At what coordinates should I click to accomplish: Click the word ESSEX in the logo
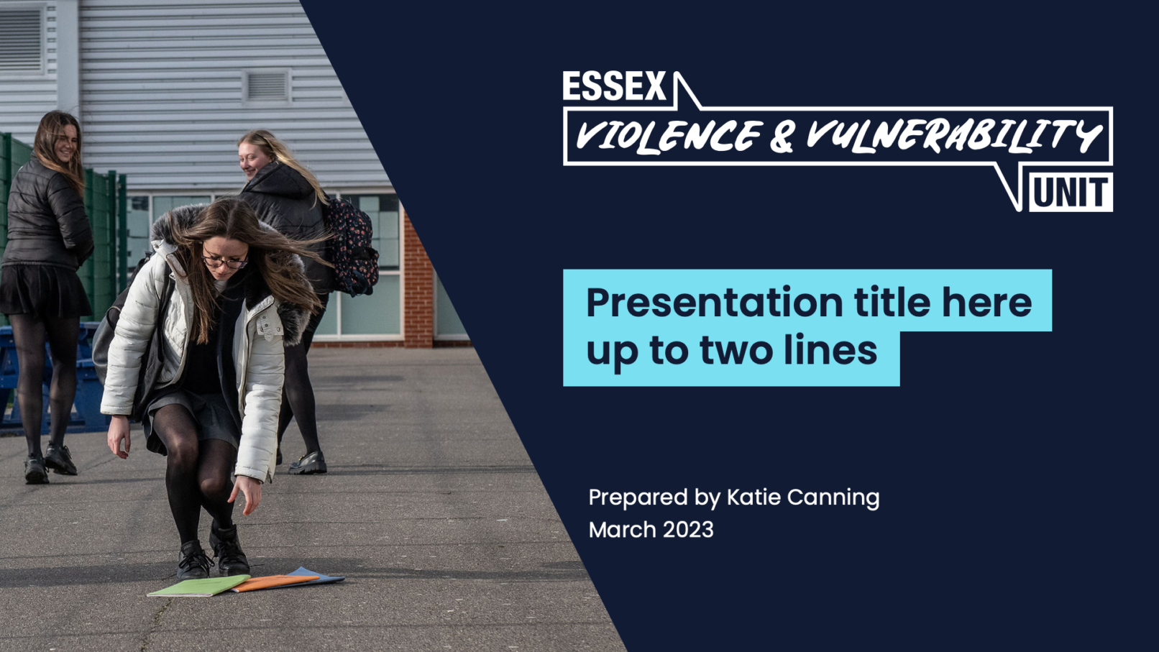click(x=614, y=86)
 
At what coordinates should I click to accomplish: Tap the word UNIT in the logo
click(x=1071, y=193)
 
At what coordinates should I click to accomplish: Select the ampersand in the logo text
click(x=782, y=137)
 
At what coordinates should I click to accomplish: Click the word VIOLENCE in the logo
click(x=668, y=137)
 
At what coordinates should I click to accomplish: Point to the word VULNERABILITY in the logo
click(x=953, y=136)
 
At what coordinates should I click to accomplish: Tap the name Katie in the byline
click(x=753, y=497)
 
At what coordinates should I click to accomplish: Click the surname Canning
click(x=833, y=498)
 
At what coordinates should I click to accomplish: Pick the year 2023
click(x=688, y=530)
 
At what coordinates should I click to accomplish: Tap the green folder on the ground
click(x=198, y=586)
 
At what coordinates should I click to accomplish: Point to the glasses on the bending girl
click(x=224, y=261)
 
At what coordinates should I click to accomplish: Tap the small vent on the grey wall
click(x=267, y=86)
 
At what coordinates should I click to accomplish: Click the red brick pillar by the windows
click(x=417, y=280)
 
